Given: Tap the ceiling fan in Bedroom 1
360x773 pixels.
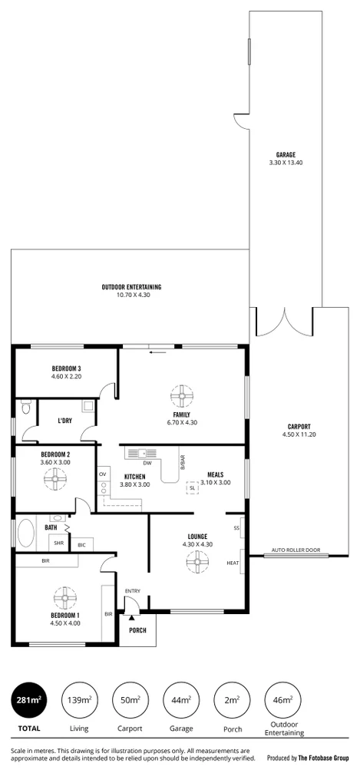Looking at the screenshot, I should (x=61, y=597).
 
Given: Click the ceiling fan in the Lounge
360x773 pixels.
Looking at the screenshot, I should (x=197, y=563).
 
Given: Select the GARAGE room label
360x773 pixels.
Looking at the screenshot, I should (x=286, y=154).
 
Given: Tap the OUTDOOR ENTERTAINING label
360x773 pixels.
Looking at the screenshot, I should (x=131, y=287).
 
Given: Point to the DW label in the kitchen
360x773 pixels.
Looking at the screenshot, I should (x=147, y=463).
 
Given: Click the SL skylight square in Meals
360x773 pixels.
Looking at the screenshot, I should (x=192, y=487).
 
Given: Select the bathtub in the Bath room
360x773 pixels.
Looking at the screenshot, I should (x=26, y=534).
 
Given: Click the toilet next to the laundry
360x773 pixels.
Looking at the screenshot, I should (x=27, y=410).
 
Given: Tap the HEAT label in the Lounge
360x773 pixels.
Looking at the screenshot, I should (x=232, y=563).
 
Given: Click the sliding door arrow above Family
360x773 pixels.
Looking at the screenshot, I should (x=158, y=353).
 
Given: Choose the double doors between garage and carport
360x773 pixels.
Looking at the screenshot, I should (x=284, y=322).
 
